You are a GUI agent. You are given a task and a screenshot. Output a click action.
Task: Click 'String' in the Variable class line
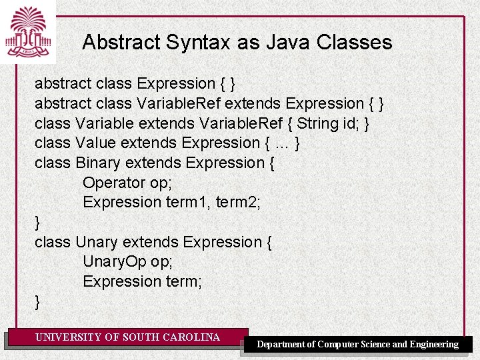(x=317, y=123)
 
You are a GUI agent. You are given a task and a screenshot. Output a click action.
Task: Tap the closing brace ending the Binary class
(x=37, y=222)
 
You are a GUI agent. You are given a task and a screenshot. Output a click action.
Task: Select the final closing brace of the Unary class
(x=37, y=301)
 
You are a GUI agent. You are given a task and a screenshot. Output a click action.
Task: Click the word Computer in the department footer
(x=342, y=345)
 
